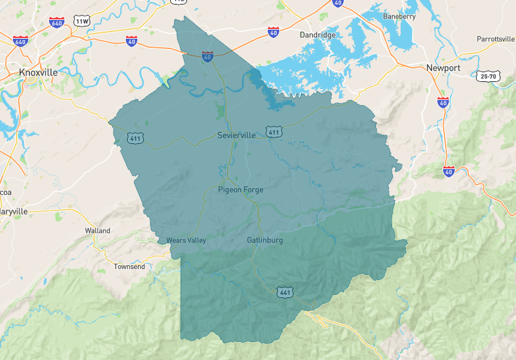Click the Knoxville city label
[38, 72]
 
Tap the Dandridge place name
[318, 34]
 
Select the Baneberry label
[399, 16]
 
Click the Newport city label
[443, 68]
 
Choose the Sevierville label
[237, 135]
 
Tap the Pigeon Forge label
[241, 190]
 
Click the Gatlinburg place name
[264, 241]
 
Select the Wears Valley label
[186, 241]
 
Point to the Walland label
[97, 230]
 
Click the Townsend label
[130, 266]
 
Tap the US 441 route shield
[285, 293]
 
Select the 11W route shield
[82, 21]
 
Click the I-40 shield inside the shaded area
[208, 57]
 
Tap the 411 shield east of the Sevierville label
[274, 132]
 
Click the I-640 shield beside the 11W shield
[57, 22]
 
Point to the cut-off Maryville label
[14, 211]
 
